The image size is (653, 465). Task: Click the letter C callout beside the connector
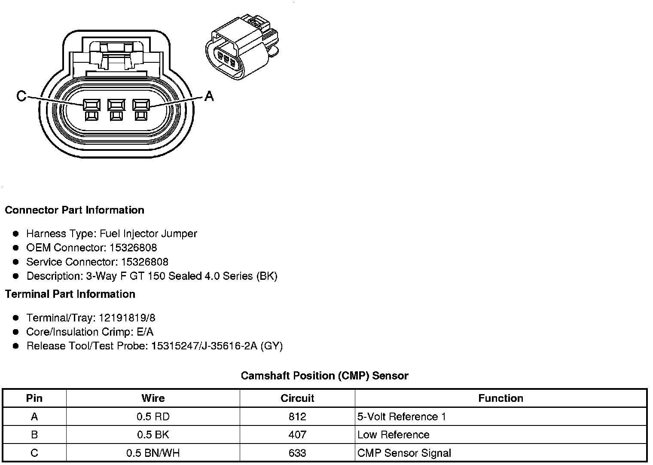[x=21, y=95]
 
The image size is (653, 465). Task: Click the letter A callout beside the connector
[x=209, y=95]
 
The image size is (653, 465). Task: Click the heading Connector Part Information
[x=74, y=210]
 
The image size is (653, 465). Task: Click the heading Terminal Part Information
[x=70, y=294]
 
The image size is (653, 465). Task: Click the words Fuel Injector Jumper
[x=148, y=233]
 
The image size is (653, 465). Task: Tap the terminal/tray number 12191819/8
[x=127, y=318]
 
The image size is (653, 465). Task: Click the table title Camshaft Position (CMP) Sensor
[x=324, y=376]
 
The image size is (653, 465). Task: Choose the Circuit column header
[x=297, y=398]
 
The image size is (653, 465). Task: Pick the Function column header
[x=500, y=398]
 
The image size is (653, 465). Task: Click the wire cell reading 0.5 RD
[x=153, y=416]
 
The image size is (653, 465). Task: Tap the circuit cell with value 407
[x=297, y=434]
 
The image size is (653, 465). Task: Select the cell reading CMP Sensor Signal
[x=404, y=453]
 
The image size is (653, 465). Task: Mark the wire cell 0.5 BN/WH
[x=153, y=453]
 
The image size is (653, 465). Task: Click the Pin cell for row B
[x=34, y=434]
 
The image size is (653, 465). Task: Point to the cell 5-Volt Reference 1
[x=402, y=416]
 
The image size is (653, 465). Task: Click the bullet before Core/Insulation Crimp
[x=16, y=332]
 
